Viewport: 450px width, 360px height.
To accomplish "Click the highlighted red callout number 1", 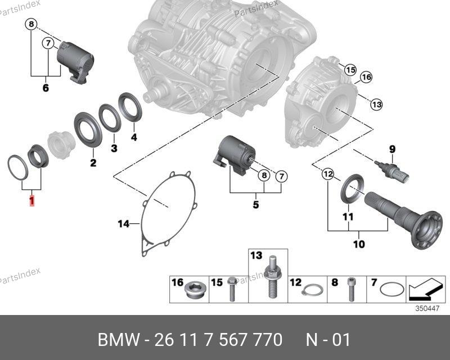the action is pyautogui.click(x=32, y=201).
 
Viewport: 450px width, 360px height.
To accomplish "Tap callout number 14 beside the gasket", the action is pyautogui.click(x=124, y=224).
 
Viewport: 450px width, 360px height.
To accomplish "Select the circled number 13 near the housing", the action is pyautogui.click(x=376, y=104).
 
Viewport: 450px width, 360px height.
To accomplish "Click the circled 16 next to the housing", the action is pyautogui.click(x=366, y=77).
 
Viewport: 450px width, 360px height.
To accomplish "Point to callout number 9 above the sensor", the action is pyautogui.click(x=392, y=149).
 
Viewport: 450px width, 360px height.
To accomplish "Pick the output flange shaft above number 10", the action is pyautogui.click(x=404, y=219).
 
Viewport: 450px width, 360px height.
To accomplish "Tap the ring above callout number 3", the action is pyautogui.click(x=110, y=118).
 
